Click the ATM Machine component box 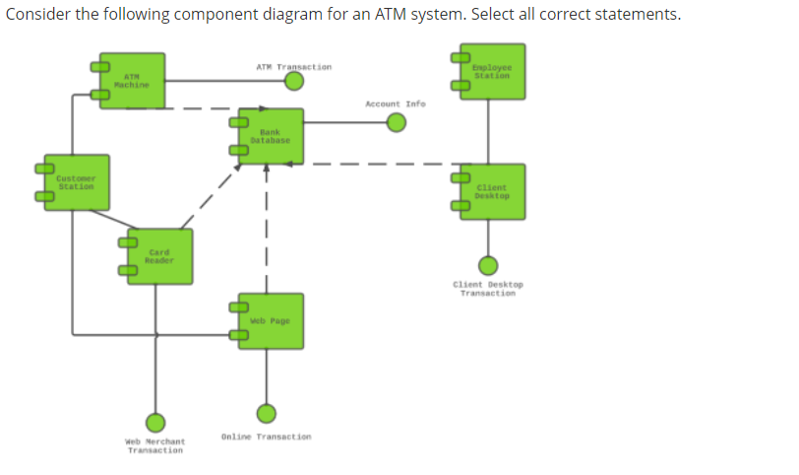[x=133, y=80]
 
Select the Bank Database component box [x=270, y=136]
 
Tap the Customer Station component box [x=77, y=182]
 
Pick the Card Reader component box [x=159, y=257]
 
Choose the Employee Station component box [x=491, y=72]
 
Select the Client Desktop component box [x=491, y=191]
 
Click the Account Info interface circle [x=396, y=122]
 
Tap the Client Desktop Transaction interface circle [x=488, y=265]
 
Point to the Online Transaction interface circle [x=266, y=414]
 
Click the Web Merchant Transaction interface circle [x=154, y=422]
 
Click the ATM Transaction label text [x=293, y=67]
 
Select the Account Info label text [x=395, y=102]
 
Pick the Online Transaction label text [x=266, y=436]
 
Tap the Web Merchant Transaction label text [x=155, y=445]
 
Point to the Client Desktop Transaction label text [x=488, y=289]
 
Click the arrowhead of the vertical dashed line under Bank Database [x=267, y=169]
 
